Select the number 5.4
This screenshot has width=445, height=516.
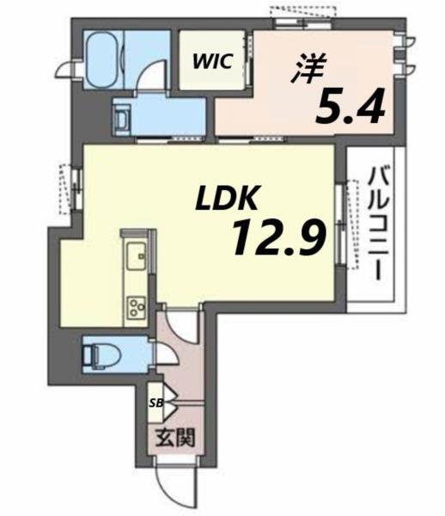pyautogui.click(x=349, y=107)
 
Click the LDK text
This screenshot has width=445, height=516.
pyautogui.click(x=225, y=201)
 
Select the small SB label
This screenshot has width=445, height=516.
pyautogui.click(x=156, y=401)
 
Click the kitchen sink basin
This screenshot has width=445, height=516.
pyautogui.click(x=137, y=255)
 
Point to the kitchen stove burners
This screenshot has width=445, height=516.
pyautogui.click(x=137, y=305)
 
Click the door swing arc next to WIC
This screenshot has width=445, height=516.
pyautogui.click(x=152, y=78)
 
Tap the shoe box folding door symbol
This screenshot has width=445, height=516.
pyautogui.click(x=168, y=401)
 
